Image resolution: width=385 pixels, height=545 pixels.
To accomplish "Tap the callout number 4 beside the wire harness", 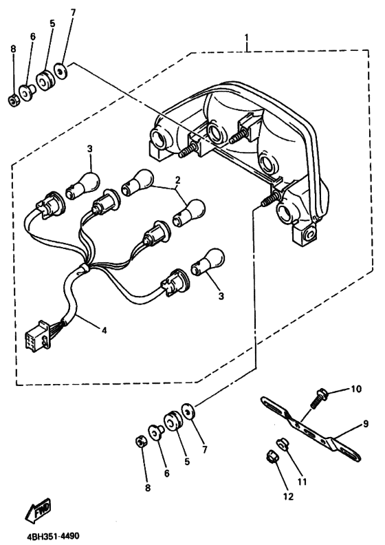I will pyautogui.click(x=104, y=330).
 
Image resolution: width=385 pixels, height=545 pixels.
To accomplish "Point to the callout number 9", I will pyautogui.click(x=366, y=425).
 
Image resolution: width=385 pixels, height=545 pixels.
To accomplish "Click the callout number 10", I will pyautogui.click(x=355, y=389).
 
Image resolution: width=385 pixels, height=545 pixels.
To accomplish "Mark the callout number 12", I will pyautogui.click(x=289, y=495).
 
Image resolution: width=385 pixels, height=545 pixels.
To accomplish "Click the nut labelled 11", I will pyautogui.click(x=282, y=442).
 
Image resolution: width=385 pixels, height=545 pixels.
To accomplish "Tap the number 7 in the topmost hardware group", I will pyautogui.click(x=74, y=12).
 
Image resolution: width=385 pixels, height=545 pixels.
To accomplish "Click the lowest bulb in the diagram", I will pyautogui.click(x=206, y=261).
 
